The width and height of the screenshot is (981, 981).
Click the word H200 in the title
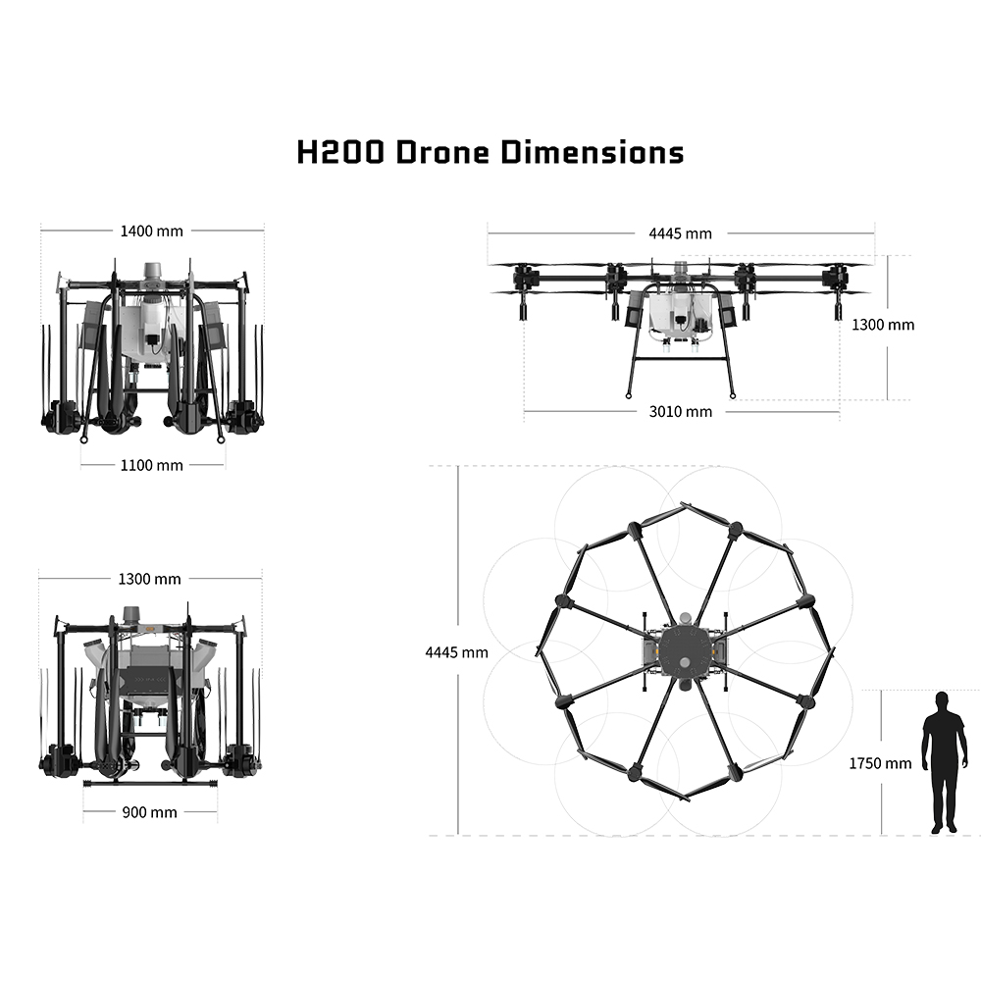pos(340,152)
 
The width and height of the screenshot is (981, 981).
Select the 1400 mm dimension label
pos(151,231)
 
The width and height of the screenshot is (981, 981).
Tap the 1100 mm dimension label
pos(151,465)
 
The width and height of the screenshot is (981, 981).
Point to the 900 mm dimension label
pos(149,812)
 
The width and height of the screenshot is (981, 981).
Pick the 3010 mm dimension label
pos(681,412)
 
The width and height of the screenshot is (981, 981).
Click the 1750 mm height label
pos(880,763)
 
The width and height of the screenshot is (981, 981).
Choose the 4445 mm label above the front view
pos(681,233)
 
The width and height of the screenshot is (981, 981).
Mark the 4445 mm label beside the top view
pos(457,652)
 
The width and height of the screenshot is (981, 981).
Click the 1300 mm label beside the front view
pos(883,325)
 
